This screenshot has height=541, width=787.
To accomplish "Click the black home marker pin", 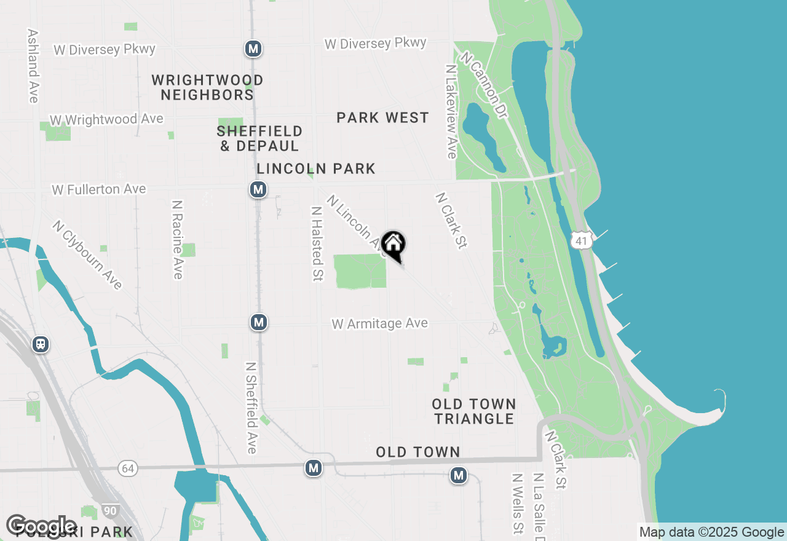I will click(393, 245).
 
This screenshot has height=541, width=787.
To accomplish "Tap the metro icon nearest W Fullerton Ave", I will click(258, 189).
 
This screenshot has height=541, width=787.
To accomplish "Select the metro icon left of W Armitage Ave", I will click(259, 322).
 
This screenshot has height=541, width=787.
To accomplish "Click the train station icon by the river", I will click(41, 344).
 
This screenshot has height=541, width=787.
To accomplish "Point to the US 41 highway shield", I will click(581, 240).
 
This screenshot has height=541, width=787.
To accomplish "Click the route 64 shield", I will click(127, 468).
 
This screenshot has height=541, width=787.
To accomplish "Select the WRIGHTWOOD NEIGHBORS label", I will click(207, 87).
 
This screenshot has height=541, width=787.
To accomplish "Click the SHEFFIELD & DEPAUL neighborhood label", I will click(260, 138).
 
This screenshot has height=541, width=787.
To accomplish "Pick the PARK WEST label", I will click(382, 117).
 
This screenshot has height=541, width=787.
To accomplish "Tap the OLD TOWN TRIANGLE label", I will click(473, 411).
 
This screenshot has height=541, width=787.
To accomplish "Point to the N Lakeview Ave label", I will click(451, 111).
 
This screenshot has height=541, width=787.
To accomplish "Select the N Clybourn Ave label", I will click(87, 255).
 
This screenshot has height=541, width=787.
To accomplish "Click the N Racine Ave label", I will click(178, 239).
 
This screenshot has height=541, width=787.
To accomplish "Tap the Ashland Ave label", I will click(33, 66).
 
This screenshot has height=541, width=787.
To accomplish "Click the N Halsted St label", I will click(317, 243).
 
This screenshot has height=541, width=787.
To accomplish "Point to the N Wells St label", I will click(517, 503).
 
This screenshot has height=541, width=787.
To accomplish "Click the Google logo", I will click(42, 526).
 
